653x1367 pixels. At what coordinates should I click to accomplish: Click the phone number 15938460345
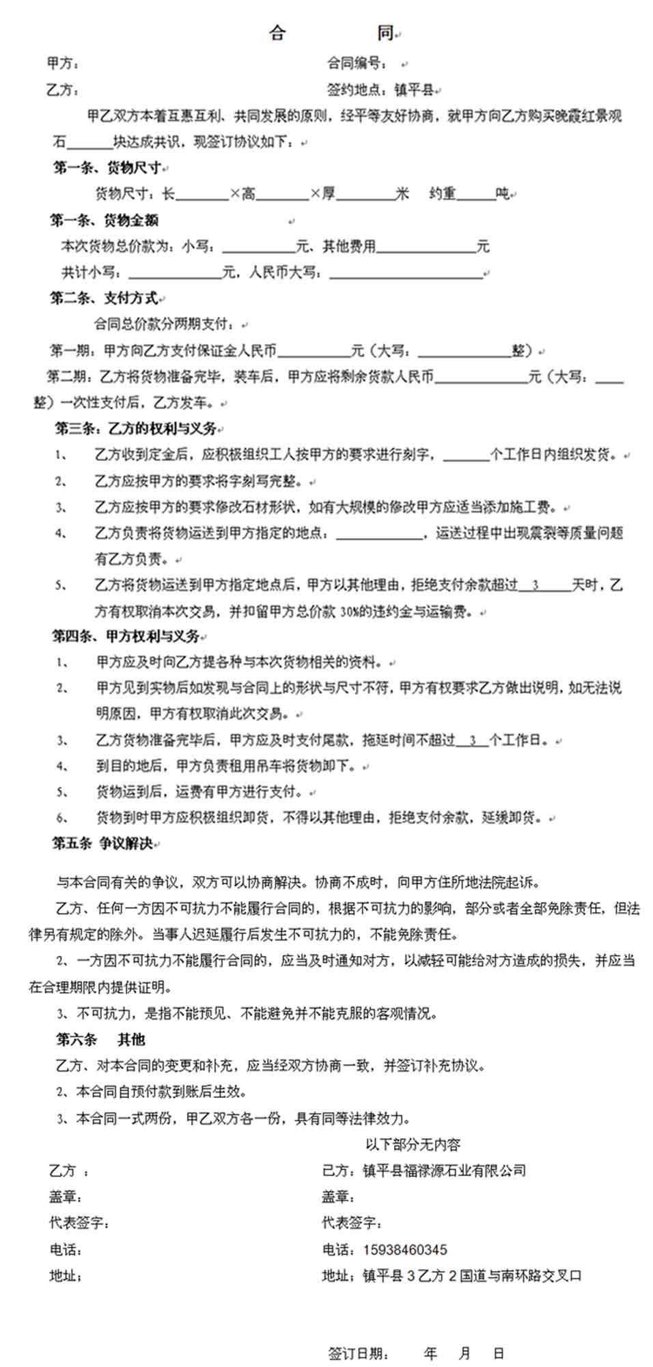click(405, 1250)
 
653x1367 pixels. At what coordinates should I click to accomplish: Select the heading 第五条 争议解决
click(102, 843)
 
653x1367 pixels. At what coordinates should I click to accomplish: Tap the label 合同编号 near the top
click(357, 64)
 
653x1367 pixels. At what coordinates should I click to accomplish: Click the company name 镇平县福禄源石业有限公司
click(444, 1170)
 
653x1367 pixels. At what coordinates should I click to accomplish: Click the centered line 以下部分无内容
click(413, 1144)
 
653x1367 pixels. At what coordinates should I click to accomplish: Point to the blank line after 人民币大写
click(406, 272)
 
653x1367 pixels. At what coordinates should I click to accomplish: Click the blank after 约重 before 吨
click(475, 195)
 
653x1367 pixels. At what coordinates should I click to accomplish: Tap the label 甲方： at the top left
click(63, 64)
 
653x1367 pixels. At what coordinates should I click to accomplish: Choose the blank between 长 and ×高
click(202, 195)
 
